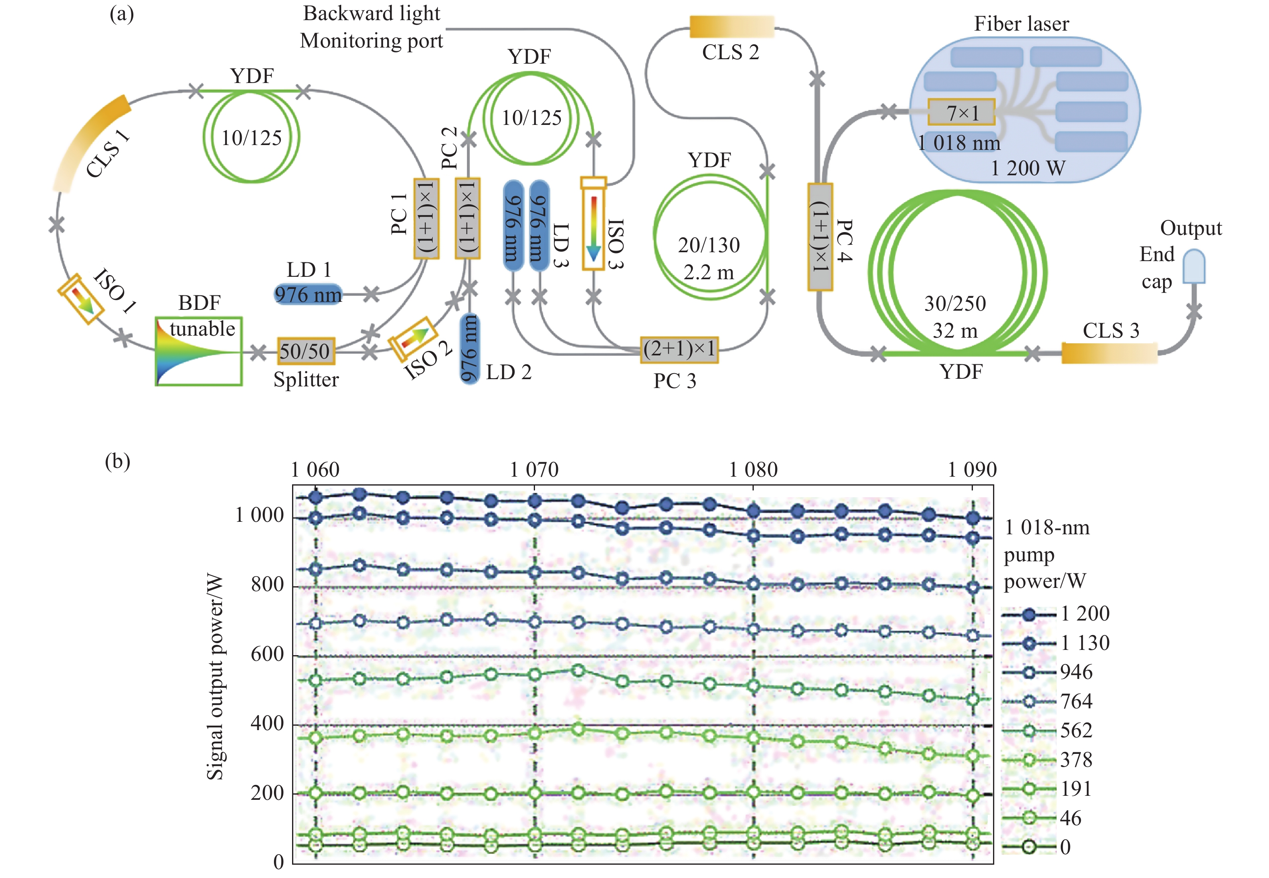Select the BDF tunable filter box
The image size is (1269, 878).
pyautogui.click(x=199, y=351)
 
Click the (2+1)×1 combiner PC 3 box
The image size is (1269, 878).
pyautogui.click(x=679, y=349)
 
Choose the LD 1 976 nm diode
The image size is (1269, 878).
pyautogui.click(x=308, y=294)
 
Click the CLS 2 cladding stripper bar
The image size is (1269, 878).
pyautogui.click(x=732, y=27)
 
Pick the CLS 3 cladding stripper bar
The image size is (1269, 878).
pyautogui.click(x=1109, y=353)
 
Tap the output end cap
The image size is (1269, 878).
pyautogui.click(x=1194, y=267)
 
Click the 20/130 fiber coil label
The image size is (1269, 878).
pyautogui.click(x=709, y=245)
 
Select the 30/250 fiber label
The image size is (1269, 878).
pyautogui.click(x=955, y=303)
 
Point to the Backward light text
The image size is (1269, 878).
pyautogui.click(x=371, y=13)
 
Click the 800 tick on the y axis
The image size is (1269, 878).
pyautogui.click(x=267, y=584)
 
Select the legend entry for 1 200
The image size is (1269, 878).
pyautogui.click(x=1055, y=613)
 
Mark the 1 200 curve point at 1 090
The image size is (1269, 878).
pyautogui.click(x=972, y=518)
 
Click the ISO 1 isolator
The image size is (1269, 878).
pyautogui.click(x=81, y=298)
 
